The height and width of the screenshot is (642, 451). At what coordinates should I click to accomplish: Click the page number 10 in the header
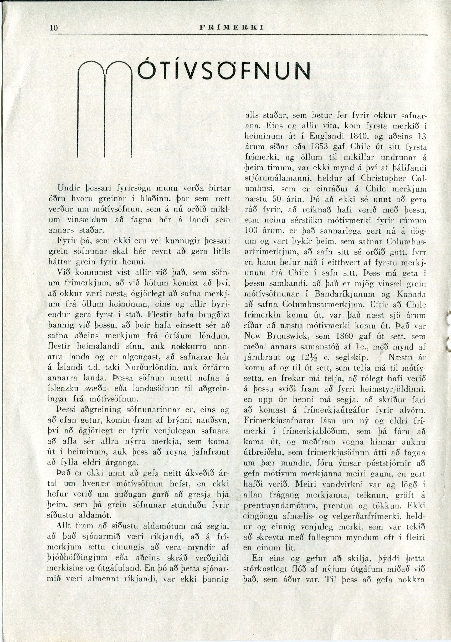(x=53, y=28)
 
